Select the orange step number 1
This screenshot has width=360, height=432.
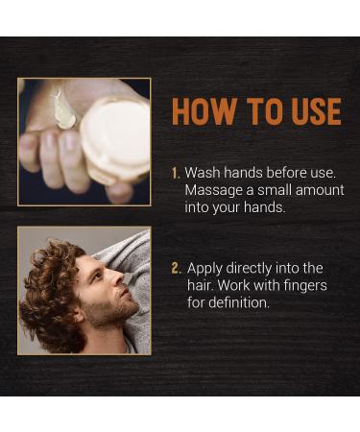(176, 173)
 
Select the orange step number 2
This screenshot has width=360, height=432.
(176, 268)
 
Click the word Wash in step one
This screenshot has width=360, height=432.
(202, 173)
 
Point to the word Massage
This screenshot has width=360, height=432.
(214, 190)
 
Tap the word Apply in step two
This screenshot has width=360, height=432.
(204, 268)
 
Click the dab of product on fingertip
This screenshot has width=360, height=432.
(64, 111)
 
